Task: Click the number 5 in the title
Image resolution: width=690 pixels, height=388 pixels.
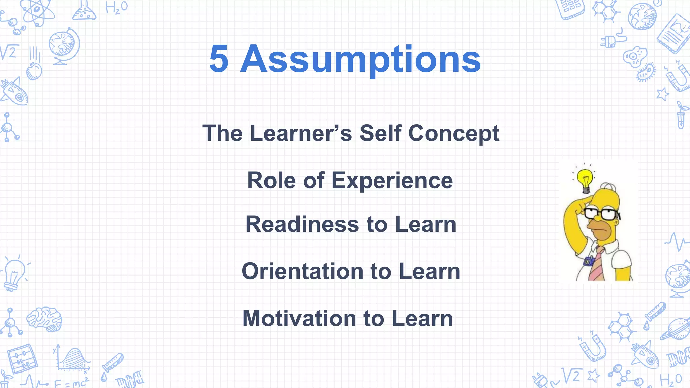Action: [x=219, y=59]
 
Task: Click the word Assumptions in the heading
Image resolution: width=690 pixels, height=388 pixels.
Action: [x=360, y=60]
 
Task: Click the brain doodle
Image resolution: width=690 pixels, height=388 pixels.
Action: [x=44, y=319]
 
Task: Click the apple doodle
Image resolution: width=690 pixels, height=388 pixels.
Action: [x=34, y=71]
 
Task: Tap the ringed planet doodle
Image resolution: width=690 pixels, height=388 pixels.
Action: [x=675, y=329]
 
